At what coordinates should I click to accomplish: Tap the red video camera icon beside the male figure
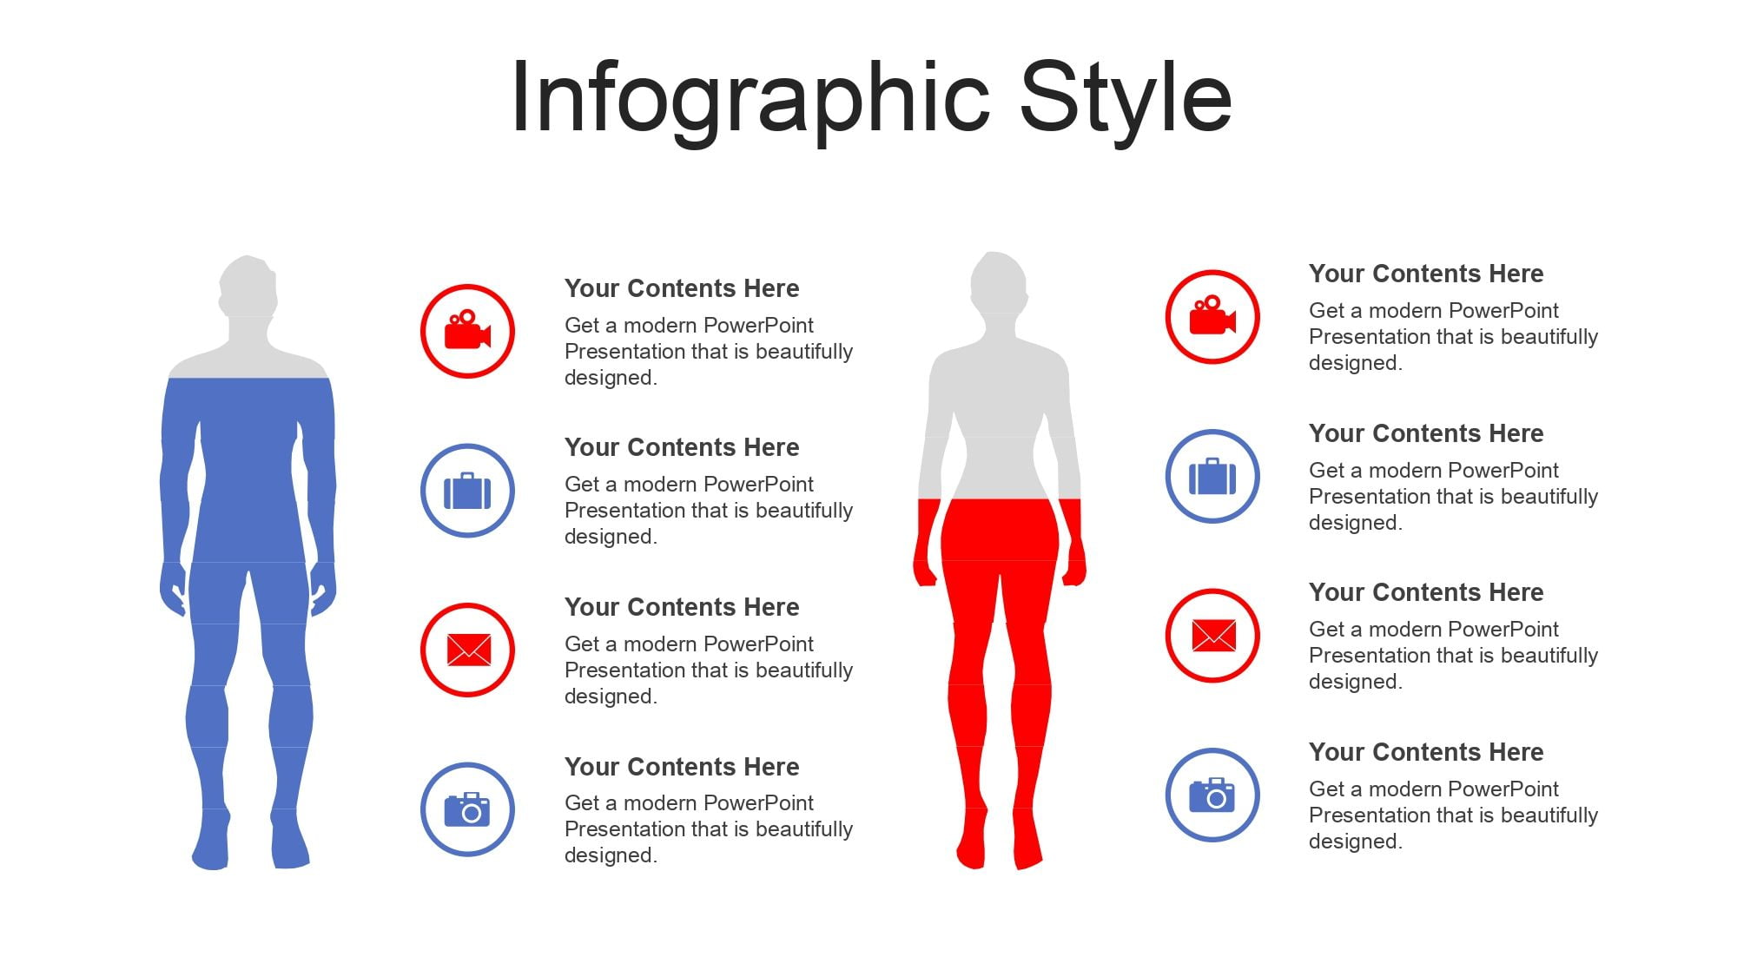tap(467, 331)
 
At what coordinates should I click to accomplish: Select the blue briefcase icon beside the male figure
tap(467, 491)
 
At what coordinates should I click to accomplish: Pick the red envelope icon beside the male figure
tap(468, 650)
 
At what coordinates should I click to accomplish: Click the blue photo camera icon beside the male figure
tap(467, 809)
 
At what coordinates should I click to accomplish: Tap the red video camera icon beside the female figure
tap(1212, 316)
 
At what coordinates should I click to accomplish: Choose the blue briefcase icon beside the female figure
tap(1212, 476)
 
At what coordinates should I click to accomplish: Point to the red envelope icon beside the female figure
tap(1213, 635)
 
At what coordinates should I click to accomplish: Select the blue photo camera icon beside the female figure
tap(1212, 795)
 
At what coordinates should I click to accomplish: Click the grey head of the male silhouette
tap(248, 287)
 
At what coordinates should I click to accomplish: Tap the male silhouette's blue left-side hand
tap(173, 589)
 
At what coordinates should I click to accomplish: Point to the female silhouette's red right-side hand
tap(1075, 564)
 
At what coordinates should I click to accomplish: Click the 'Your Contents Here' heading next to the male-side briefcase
tap(682, 447)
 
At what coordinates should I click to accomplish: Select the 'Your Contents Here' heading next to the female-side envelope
tap(1426, 592)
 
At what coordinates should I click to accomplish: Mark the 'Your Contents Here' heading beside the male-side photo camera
tap(682, 767)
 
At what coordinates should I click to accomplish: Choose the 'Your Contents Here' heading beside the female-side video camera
tap(1426, 274)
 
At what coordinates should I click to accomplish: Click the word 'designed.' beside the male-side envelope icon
tap(611, 696)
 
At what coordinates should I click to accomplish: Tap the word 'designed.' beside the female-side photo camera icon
tap(1355, 842)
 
